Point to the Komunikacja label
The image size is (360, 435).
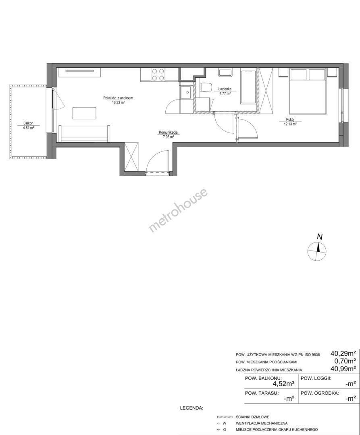[168, 133]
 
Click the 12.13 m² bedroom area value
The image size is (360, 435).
[290, 124]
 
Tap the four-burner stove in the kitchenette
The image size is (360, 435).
[158, 75]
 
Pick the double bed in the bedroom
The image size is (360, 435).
[307, 91]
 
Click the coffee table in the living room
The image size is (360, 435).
[85, 113]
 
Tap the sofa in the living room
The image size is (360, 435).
[84, 133]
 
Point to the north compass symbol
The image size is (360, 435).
[317, 251]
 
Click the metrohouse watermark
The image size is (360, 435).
[178, 211]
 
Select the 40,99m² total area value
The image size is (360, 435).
[343, 369]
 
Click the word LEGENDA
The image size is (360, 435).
[192, 408]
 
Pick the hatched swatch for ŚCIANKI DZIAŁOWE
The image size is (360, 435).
[225, 417]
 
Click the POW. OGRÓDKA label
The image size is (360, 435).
[320, 393]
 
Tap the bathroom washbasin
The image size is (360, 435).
[225, 72]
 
